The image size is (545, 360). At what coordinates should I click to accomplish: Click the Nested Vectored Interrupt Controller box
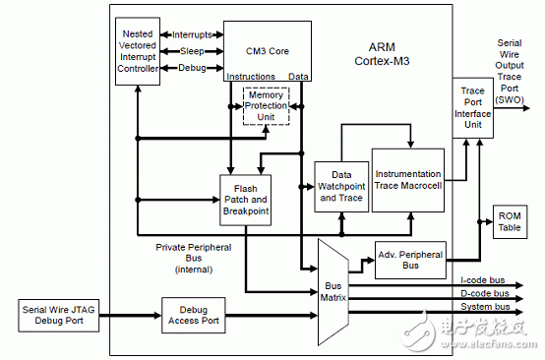[137, 52]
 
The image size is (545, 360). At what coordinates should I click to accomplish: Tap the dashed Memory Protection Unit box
[267, 105]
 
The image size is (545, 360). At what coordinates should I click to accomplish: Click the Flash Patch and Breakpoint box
[245, 200]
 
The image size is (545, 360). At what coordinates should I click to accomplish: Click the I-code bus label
[480, 280]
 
